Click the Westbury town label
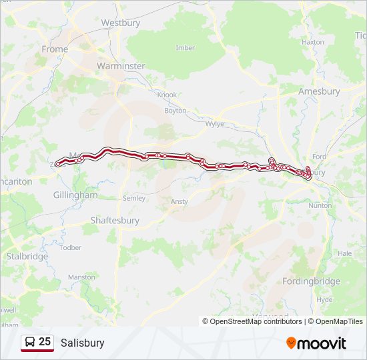(x=119, y=23)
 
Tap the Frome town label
(x=55, y=49)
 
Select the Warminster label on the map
(x=120, y=66)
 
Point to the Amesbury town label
(x=319, y=91)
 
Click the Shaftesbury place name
(x=115, y=220)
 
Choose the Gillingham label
(x=75, y=195)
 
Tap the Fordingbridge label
(x=311, y=281)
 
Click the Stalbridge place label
(x=27, y=256)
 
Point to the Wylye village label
(x=215, y=124)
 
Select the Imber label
(x=185, y=48)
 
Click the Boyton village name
(x=175, y=111)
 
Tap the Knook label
(x=167, y=95)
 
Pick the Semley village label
(x=134, y=199)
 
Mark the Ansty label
(x=179, y=201)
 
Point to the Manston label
(x=81, y=277)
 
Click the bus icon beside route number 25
(x=30, y=343)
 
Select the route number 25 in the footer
(x=45, y=342)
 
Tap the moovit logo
(x=316, y=343)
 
